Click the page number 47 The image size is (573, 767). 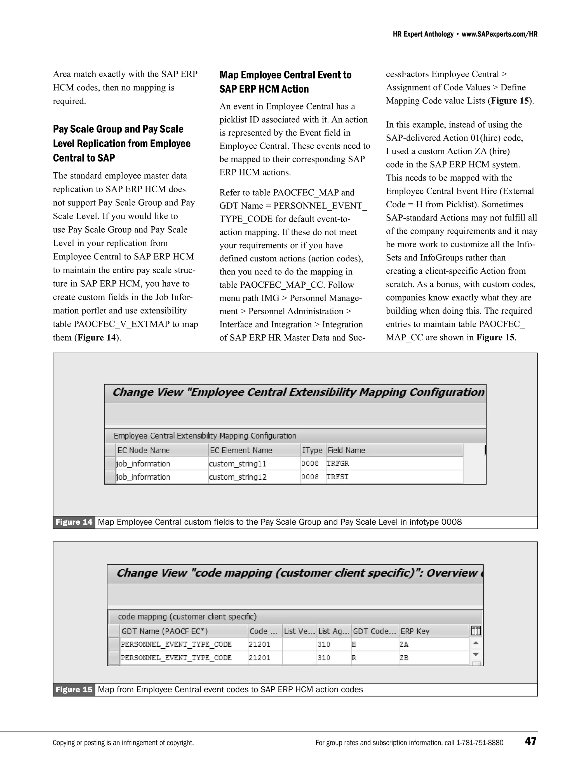coord(530,741)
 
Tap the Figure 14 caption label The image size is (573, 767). coord(74,522)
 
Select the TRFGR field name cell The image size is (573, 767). coord(338,464)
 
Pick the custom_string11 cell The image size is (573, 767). coord(238,464)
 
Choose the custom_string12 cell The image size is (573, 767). coord(238,477)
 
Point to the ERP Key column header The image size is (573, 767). coord(415,631)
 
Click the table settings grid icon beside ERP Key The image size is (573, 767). coord(476,631)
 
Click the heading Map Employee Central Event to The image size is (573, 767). coord(285,75)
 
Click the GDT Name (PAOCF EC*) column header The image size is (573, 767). coord(165,631)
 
